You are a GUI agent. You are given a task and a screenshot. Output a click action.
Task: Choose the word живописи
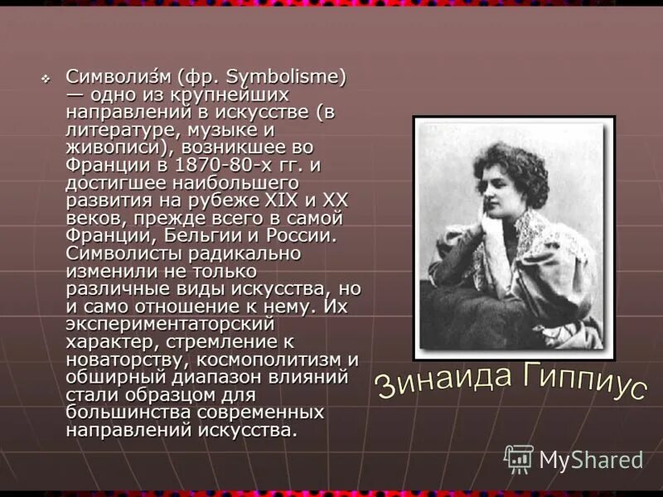point(108,147)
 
